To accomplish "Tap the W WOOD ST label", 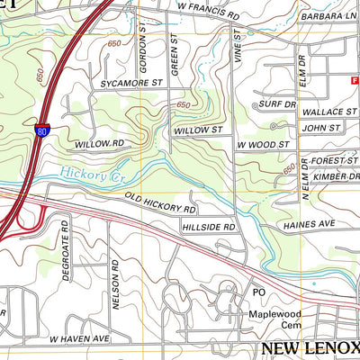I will coord(263,144).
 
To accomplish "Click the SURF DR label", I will coord(277,104).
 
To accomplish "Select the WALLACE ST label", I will coord(329,111).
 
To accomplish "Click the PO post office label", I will coord(258,293).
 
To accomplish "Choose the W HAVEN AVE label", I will coord(78,338).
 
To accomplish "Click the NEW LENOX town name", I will coord(310,348).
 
